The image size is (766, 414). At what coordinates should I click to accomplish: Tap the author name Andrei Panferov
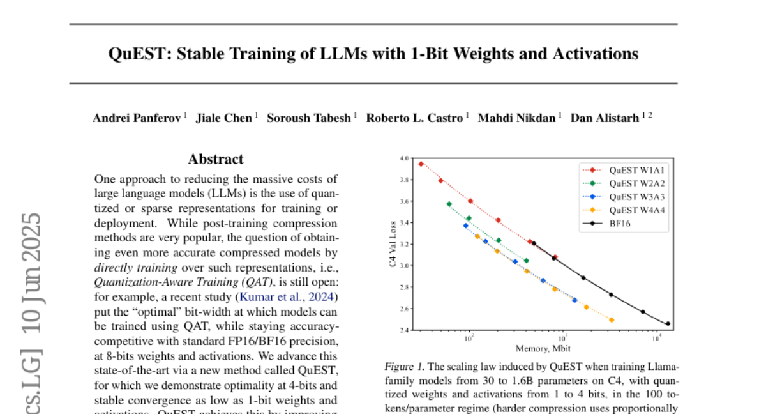coord(137,118)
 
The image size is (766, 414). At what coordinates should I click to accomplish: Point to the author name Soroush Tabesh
coord(308,118)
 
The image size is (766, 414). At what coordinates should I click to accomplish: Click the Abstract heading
coord(216,160)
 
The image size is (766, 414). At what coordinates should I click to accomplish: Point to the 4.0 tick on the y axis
coord(403,158)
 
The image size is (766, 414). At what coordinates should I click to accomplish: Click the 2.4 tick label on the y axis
coord(403,330)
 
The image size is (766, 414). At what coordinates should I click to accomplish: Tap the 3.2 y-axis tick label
coord(403,244)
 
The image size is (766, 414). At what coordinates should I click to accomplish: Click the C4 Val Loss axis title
coord(392,244)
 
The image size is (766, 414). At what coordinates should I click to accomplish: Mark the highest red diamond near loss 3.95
coord(421,164)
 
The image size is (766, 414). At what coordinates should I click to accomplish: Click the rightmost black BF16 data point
coord(668,324)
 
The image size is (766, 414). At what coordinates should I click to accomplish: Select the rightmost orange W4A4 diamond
coord(612,320)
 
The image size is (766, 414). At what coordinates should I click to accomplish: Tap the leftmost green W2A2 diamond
coord(449,204)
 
